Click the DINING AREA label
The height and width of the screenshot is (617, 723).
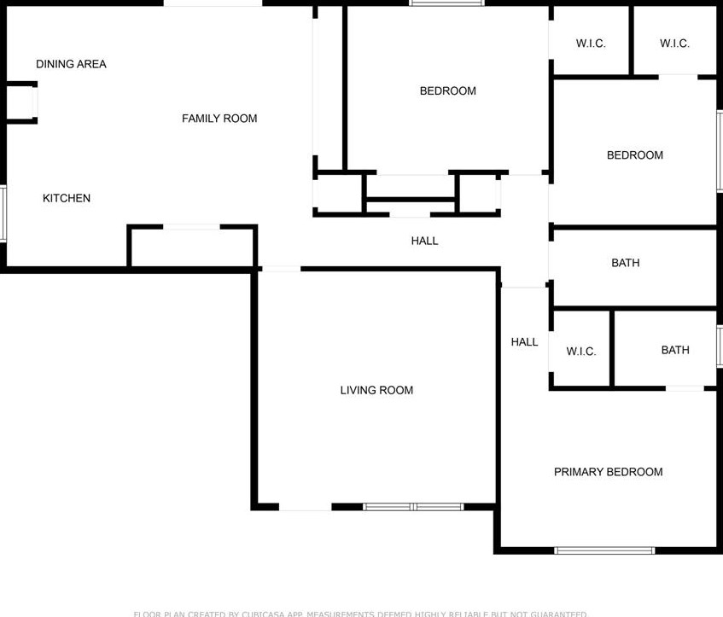71,64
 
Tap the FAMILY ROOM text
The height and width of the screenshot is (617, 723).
219,119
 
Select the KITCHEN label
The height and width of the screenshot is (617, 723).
67,198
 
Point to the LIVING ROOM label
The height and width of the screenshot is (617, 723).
376,390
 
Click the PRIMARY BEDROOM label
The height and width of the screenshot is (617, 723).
608,472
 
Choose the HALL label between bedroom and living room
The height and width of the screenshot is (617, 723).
424,241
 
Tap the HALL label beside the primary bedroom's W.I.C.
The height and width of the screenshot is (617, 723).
524,342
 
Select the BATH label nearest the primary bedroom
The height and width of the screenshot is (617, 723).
674,350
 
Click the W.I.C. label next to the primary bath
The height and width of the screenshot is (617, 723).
581,352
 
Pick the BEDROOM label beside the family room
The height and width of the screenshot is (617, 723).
447,91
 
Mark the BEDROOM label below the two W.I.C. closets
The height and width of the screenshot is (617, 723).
634,155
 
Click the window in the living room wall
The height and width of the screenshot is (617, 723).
413,507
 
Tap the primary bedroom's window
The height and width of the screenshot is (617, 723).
604,550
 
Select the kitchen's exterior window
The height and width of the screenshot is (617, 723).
3,213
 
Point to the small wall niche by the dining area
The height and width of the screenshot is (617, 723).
20,102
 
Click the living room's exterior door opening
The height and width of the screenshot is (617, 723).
305,507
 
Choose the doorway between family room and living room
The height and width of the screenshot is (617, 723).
281,270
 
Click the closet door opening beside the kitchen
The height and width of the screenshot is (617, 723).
191,227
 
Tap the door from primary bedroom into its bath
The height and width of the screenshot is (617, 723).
685,389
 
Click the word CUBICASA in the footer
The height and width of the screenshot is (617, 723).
265,614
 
